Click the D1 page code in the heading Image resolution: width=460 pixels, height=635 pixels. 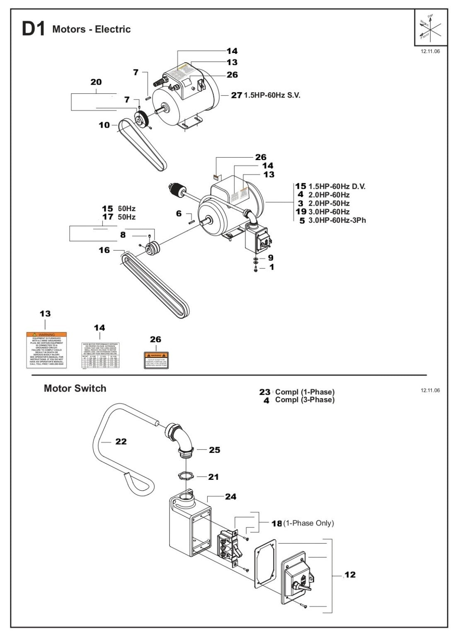pyautogui.click(x=34, y=30)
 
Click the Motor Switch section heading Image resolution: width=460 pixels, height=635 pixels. pyautogui.click(x=75, y=388)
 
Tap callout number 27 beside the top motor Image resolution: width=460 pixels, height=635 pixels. pyautogui.click(x=236, y=95)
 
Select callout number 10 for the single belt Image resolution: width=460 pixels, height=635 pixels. pyautogui.click(x=104, y=125)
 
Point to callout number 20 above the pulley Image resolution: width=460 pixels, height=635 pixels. pyautogui.click(x=96, y=82)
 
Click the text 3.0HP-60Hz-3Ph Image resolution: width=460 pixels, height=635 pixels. pyautogui.click(x=337, y=220)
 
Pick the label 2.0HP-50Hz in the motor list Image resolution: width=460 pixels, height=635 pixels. pyautogui.click(x=329, y=203)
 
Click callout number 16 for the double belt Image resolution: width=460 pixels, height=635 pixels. pyautogui.click(x=104, y=250)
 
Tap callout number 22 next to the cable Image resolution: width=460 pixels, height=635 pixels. pyautogui.click(x=121, y=441)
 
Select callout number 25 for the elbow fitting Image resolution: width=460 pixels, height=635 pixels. pyautogui.click(x=214, y=450)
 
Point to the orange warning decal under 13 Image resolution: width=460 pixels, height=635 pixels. pyautogui.click(x=46, y=350)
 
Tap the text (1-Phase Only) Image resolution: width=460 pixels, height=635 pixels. pyautogui.click(x=308, y=523)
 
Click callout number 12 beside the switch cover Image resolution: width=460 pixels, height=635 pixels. pyautogui.click(x=350, y=574)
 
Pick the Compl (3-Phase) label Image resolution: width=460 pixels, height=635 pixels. pyautogui.click(x=305, y=400)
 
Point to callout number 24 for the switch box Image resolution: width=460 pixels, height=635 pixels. pyautogui.click(x=230, y=496)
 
